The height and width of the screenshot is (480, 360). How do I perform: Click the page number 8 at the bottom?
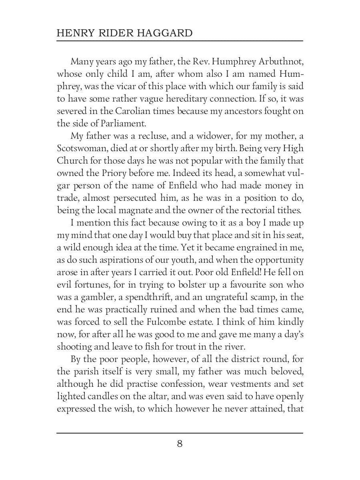(180, 444)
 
